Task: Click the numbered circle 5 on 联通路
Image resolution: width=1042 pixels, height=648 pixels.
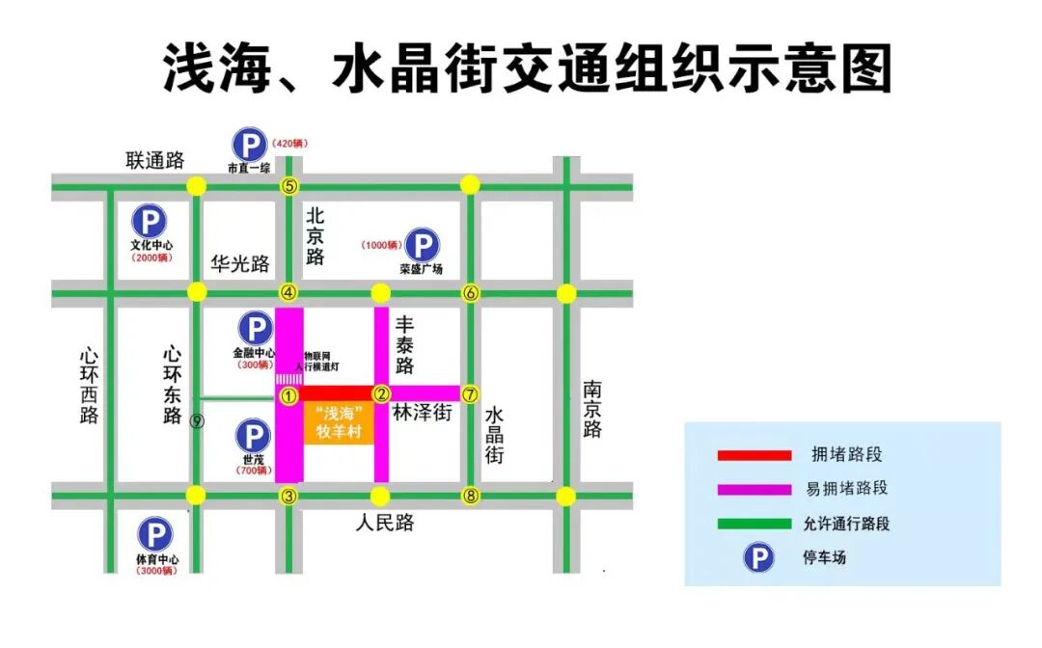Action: (288, 186)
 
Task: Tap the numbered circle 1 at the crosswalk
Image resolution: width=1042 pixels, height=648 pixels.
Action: (288, 394)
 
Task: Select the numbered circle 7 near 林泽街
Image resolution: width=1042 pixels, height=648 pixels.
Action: (470, 393)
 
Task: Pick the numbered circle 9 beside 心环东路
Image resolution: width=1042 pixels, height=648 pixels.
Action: (197, 421)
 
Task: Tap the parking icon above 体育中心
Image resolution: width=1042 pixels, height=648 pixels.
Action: (154, 535)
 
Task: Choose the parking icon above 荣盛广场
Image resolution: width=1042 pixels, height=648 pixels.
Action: (421, 245)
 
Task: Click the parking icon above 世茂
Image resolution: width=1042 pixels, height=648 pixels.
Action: (254, 436)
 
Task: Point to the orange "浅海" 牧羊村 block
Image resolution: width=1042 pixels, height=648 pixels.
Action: (338, 422)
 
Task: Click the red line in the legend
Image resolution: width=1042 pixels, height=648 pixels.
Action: (754, 454)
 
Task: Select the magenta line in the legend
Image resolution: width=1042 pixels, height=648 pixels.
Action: (754, 489)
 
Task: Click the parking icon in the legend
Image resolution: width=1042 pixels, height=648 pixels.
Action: (758, 557)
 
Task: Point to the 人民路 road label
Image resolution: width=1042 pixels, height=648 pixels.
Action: (384, 524)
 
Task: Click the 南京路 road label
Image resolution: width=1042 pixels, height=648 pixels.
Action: (592, 409)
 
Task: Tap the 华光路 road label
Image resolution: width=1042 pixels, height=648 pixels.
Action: (240, 263)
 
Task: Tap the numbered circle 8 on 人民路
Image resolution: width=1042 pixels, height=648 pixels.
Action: (470, 497)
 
